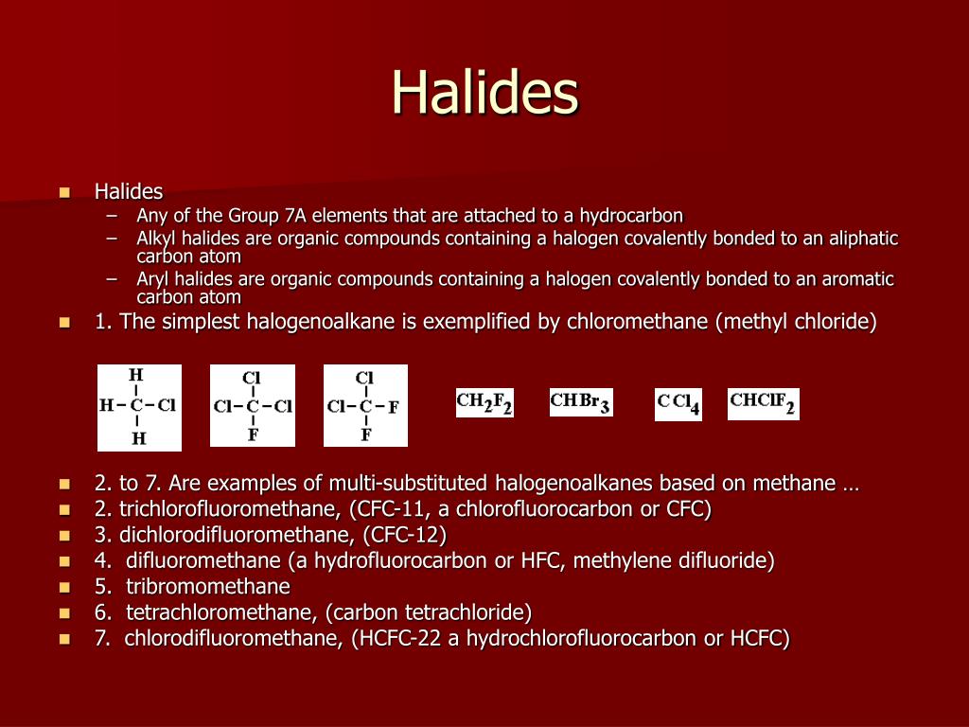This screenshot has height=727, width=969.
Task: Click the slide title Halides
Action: pos(484,92)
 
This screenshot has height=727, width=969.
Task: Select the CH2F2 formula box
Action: pos(484,402)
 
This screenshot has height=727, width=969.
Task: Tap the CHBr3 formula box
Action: pos(581,402)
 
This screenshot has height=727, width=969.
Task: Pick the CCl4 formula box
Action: pos(678,404)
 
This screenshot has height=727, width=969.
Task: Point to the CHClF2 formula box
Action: pos(764,403)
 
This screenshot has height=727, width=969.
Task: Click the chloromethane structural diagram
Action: pos(139,407)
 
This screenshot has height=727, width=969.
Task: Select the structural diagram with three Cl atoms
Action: pos(253,406)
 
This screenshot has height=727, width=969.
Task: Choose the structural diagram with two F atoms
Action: pos(365,406)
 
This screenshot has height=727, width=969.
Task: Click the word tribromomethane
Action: pos(208,586)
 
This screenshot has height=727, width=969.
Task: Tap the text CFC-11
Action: pos(385,509)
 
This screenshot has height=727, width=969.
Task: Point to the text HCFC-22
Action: pos(398,638)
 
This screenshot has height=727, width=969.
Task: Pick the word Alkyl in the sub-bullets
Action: pos(153,238)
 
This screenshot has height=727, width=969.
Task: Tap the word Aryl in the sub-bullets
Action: pos(152,279)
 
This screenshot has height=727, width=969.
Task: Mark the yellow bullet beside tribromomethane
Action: pos(65,587)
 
